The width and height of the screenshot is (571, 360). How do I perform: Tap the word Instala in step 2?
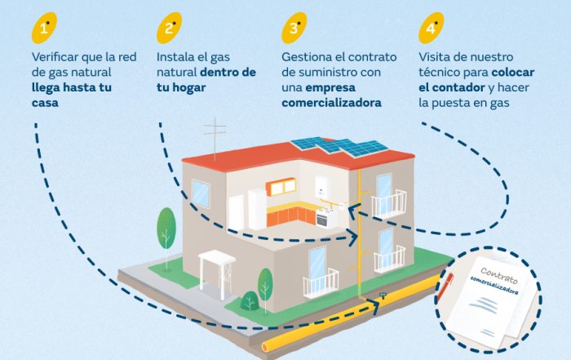175,57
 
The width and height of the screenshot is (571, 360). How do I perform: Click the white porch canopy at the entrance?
217,260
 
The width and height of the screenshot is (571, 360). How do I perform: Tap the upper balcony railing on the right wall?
389,203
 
